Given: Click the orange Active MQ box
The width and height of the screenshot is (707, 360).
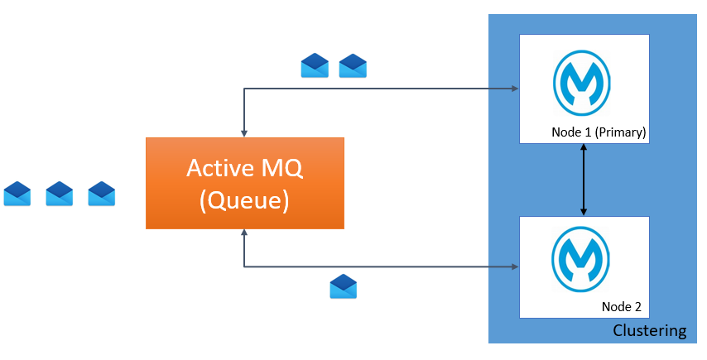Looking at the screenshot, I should [244, 184].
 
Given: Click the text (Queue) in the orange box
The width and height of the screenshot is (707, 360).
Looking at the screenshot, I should [244, 200].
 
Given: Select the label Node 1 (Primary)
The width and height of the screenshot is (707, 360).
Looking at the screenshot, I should [599, 132].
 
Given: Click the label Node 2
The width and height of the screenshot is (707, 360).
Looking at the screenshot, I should [621, 306].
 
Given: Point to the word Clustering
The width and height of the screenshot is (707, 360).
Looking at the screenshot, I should [649, 331].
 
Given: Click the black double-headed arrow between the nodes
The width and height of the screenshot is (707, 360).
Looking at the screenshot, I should [584, 180].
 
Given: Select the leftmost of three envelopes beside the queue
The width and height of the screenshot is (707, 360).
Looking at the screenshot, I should [17, 194].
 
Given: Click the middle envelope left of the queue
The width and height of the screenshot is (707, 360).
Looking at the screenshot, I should [60, 194].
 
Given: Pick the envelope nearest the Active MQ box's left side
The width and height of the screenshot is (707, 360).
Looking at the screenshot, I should [101, 194].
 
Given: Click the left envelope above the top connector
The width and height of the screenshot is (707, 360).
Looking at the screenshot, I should [315, 65].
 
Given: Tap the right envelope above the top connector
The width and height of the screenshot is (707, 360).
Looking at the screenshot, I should [353, 65].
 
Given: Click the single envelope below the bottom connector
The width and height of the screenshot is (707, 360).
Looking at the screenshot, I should [343, 286].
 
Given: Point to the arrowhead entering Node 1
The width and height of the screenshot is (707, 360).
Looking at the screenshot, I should [514, 89].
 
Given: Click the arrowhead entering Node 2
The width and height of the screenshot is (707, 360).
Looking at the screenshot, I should [514, 266].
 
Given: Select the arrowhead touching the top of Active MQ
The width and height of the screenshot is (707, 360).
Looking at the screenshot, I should [244, 132].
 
